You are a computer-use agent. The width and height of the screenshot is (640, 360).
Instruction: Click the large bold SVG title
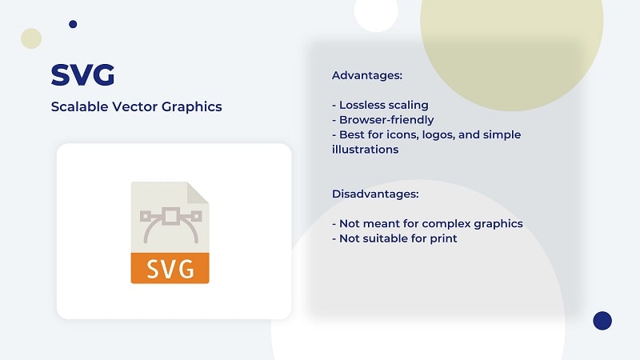coord(82,74)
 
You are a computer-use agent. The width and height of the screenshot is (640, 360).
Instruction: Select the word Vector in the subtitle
coord(134,106)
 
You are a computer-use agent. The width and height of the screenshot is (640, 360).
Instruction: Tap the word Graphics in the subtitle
coord(192,107)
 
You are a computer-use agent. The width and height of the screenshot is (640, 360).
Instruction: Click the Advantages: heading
coord(367,75)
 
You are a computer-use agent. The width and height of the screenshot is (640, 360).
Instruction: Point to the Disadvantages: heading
coord(375,194)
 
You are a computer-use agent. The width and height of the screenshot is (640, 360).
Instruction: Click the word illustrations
coord(365,150)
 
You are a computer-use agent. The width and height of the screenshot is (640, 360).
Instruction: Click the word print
coord(443,238)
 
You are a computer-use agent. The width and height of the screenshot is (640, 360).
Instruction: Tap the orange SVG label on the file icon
coord(170,268)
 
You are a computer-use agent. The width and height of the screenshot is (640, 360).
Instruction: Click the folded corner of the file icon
coord(198,193)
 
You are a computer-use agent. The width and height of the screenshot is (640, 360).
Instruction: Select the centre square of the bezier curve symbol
coord(170,216)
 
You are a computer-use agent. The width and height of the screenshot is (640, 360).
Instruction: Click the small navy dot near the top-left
coord(73,24)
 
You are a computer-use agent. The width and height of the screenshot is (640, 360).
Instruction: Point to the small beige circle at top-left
coord(31,38)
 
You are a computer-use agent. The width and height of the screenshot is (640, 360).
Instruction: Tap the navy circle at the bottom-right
coord(602,321)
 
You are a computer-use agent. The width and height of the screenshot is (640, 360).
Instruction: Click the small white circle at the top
coord(376,10)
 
